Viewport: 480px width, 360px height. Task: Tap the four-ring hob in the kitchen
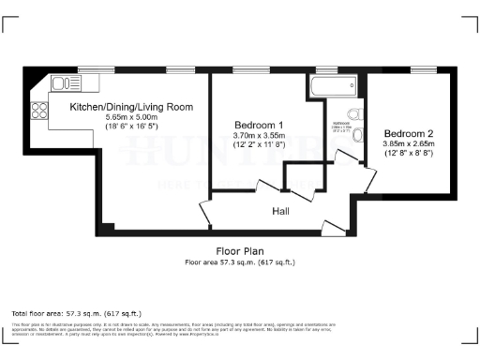[40, 111]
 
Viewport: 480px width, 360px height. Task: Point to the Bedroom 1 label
[258, 125]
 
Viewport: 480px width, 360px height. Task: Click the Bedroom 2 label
[410, 132]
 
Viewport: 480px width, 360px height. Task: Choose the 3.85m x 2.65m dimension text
[410, 142]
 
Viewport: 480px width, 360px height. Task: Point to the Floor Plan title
[240, 251]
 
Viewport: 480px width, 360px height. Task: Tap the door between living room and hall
[207, 211]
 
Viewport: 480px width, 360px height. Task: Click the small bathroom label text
[339, 125]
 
